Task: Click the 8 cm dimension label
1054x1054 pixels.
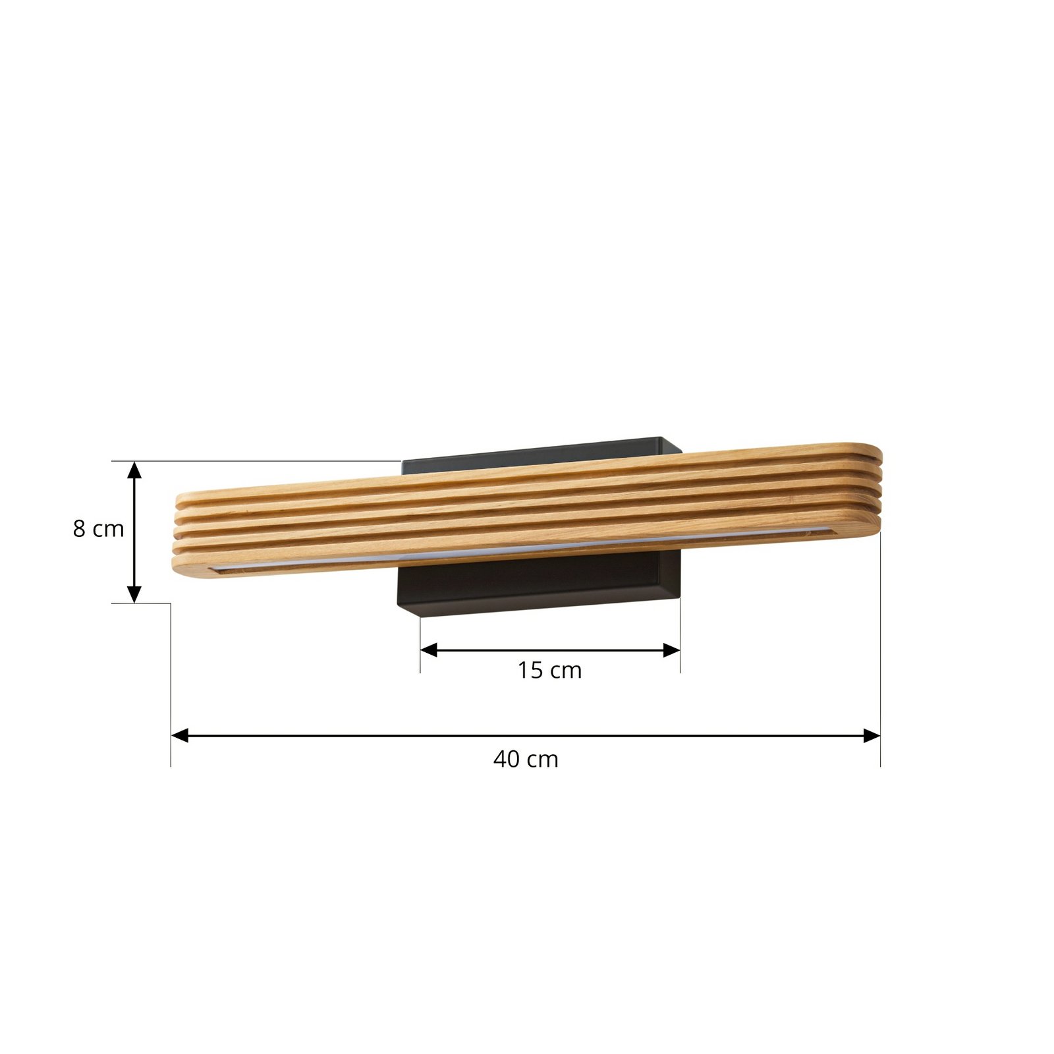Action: [x=98, y=528]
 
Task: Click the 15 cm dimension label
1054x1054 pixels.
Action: [x=549, y=671]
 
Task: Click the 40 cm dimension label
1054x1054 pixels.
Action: [x=526, y=760]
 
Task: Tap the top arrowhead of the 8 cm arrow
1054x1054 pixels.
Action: [x=134, y=470]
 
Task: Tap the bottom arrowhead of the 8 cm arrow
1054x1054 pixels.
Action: [x=134, y=594]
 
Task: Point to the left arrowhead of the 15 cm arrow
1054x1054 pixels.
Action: [x=429, y=650]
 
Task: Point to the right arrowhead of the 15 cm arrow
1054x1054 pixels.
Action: [x=671, y=650]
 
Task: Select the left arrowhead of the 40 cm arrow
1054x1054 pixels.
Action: [x=180, y=736]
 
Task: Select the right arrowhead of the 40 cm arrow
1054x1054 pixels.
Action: [x=872, y=736]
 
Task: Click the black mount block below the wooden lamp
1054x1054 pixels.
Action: [x=537, y=583]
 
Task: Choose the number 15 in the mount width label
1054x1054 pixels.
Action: [x=530, y=671]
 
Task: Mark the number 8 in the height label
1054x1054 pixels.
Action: [x=79, y=528]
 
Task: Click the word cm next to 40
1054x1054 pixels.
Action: [x=544, y=760]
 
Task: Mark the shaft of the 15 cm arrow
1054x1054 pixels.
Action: [x=550, y=650]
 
